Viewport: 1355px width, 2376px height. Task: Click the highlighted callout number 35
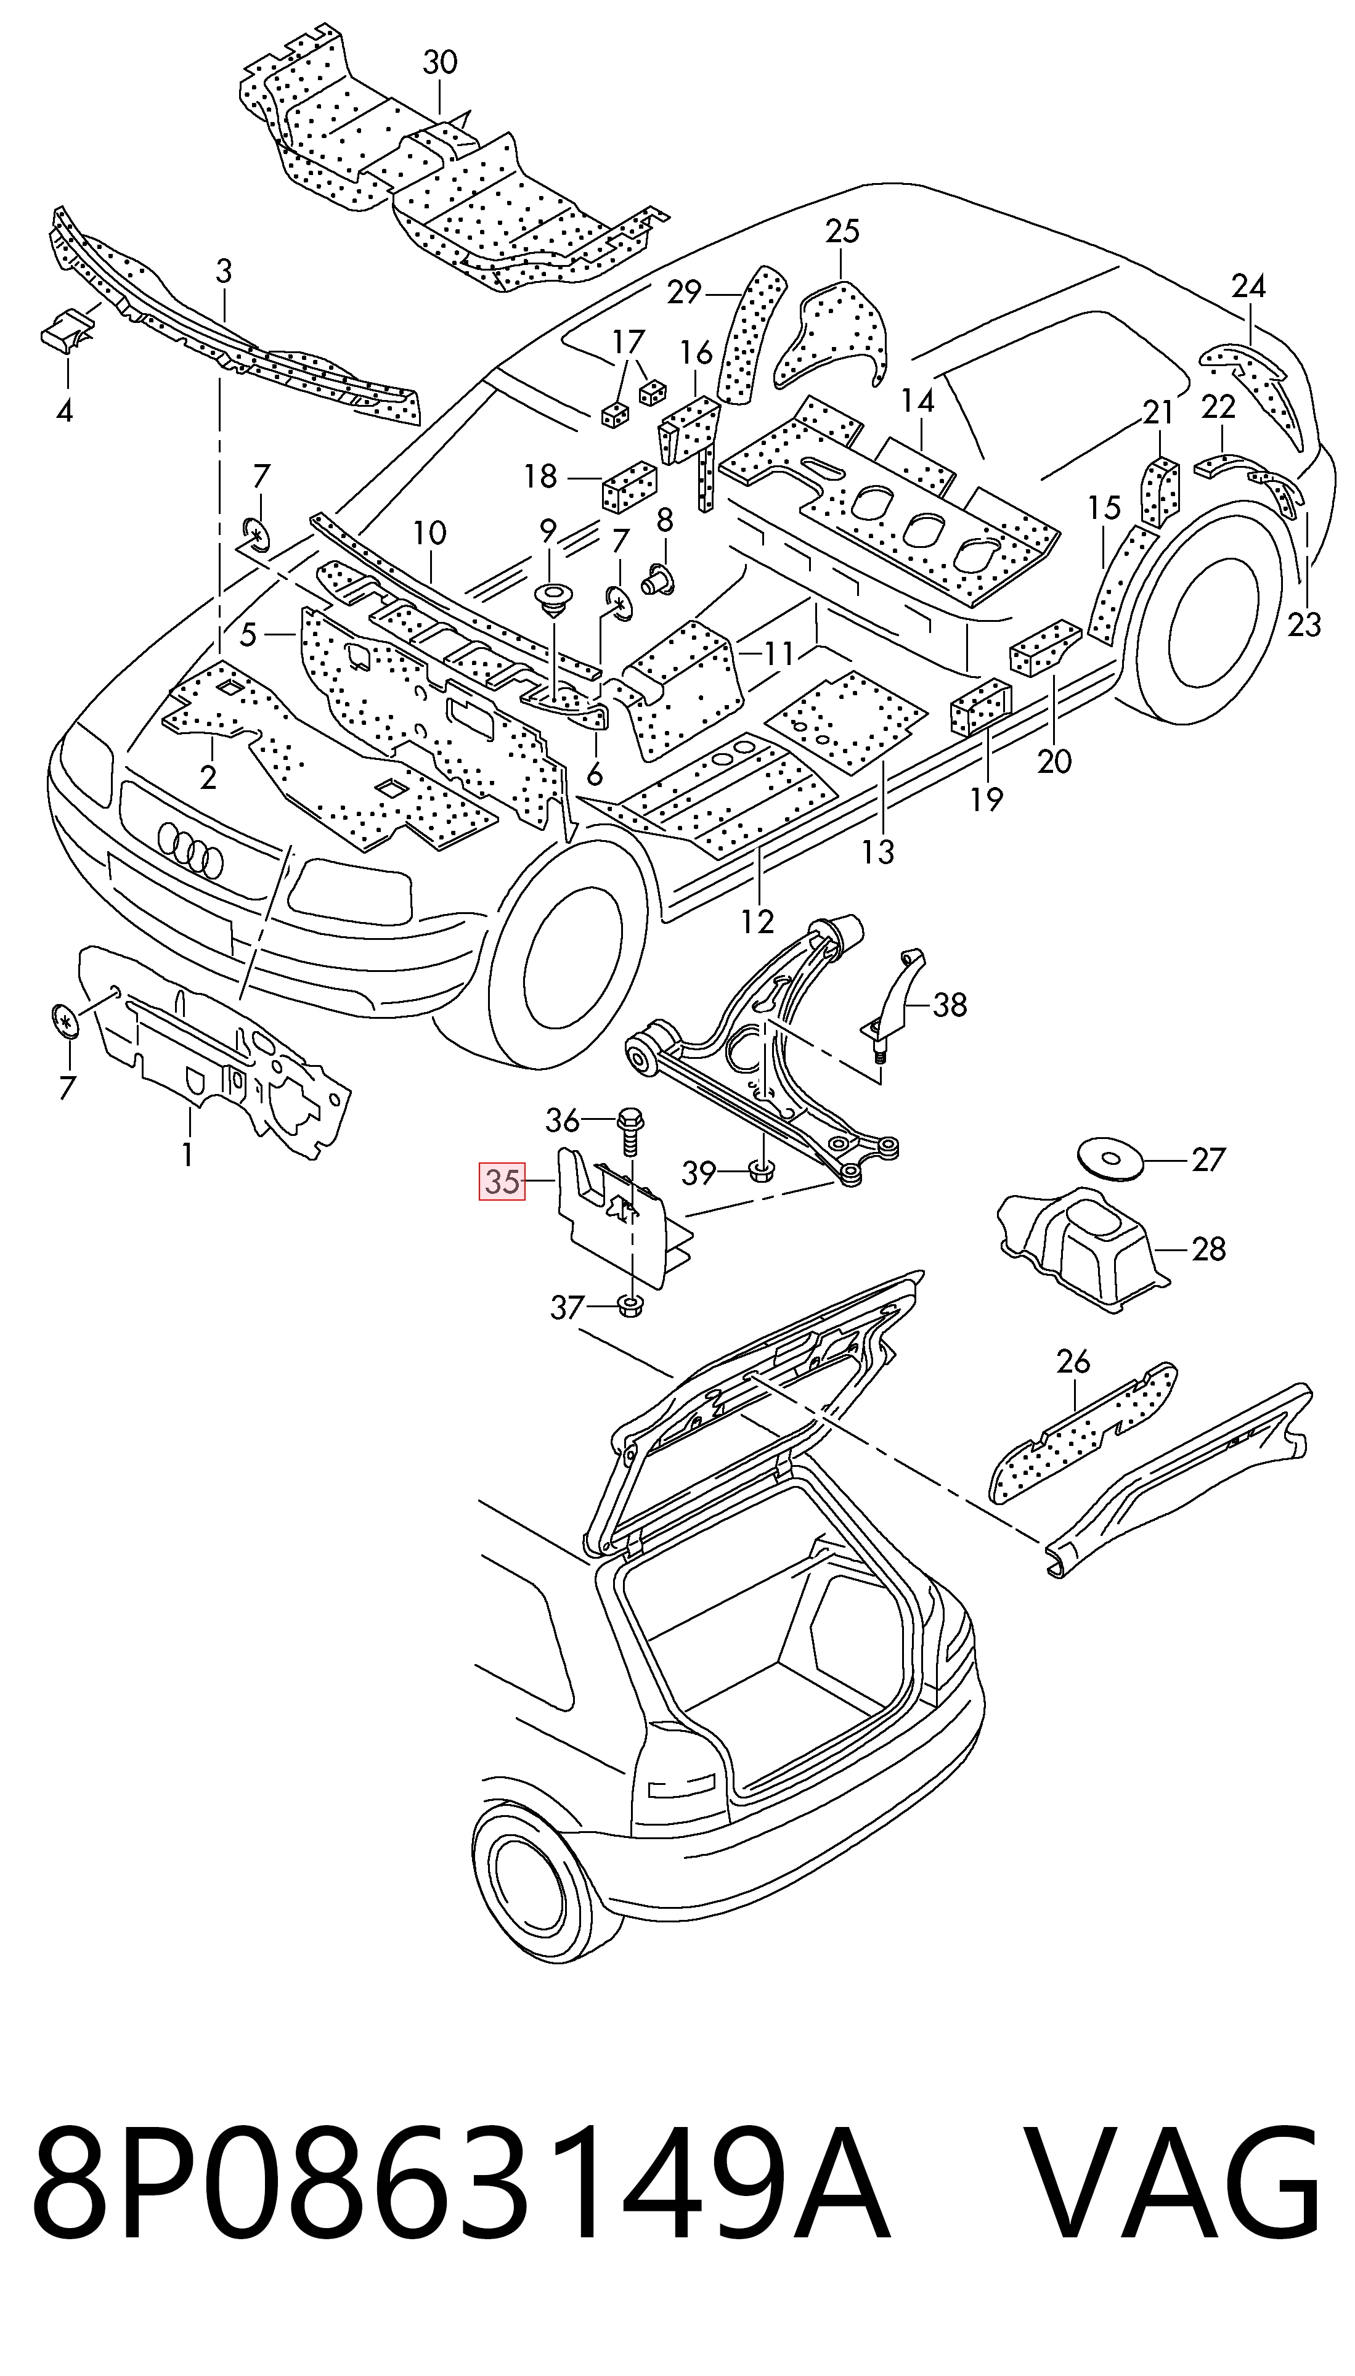[x=502, y=1182]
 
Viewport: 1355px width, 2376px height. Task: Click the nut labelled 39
[x=761, y=1167]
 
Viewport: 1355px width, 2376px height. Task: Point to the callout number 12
[x=757, y=921]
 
